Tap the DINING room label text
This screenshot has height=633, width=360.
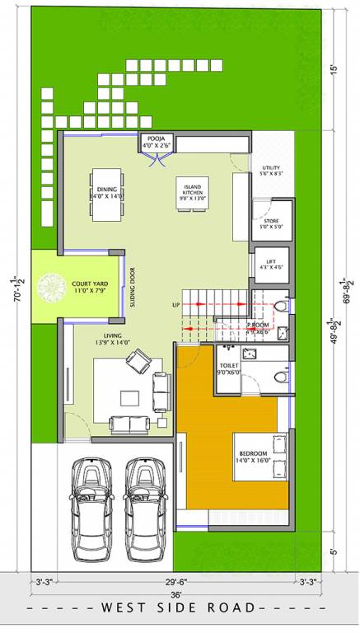[x=106, y=192]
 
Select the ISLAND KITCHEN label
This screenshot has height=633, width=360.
[x=190, y=192]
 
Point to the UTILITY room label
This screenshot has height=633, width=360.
[x=271, y=171]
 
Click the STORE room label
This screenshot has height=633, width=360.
[x=271, y=223]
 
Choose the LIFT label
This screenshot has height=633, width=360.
[x=271, y=263]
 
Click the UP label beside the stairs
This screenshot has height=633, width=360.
[x=175, y=305]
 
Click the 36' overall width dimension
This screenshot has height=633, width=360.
[x=176, y=594]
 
